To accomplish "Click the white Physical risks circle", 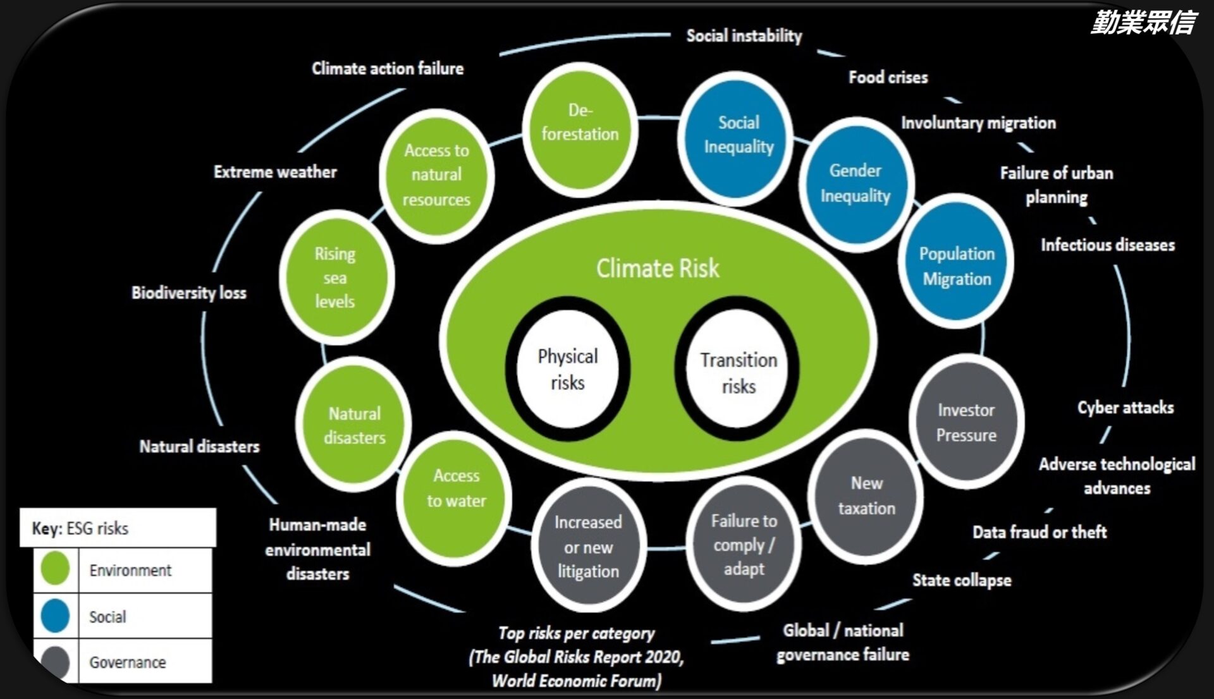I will click(x=567, y=370).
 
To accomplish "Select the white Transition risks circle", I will click(x=737, y=372).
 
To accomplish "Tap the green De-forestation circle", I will click(x=580, y=128).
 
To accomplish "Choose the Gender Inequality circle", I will click(x=855, y=184).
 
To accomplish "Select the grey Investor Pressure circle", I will click(x=966, y=422).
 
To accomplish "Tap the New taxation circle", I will click(x=866, y=495).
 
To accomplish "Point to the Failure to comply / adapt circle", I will click(x=744, y=544).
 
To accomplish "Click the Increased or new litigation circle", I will click(x=588, y=545).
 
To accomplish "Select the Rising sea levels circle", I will click(x=336, y=277).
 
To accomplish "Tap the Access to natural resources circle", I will click(x=436, y=175).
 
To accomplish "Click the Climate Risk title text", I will click(x=658, y=269).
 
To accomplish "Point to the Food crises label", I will click(x=888, y=78).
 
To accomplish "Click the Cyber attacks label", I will click(x=1125, y=408).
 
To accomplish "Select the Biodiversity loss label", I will click(x=188, y=293).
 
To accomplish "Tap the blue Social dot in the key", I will click(x=55, y=616).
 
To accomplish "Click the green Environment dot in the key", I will click(x=55, y=568).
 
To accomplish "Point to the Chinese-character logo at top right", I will click(x=1143, y=23).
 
